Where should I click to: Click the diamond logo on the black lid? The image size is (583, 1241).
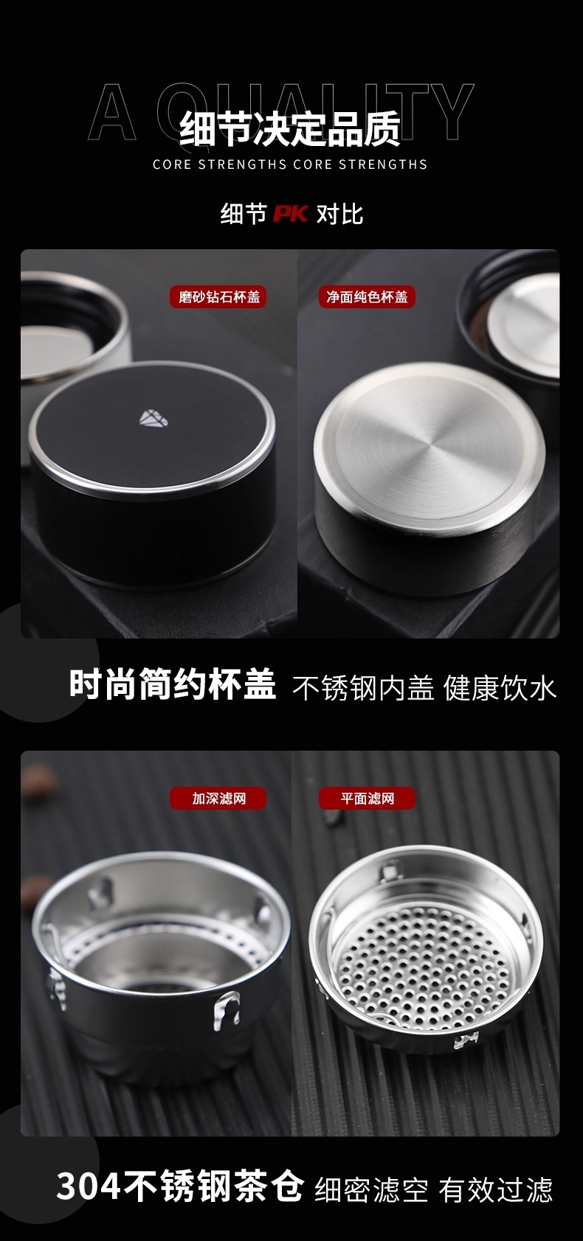pyautogui.click(x=153, y=418)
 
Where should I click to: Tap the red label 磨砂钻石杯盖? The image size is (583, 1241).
pyautogui.click(x=218, y=297)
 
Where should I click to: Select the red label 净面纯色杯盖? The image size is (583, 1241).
pyautogui.click(x=367, y=297)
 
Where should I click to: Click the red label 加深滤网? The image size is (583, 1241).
pyautogui.click(x=218, y=799)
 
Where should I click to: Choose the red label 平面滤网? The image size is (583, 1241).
pyautogui.click(x=367, y=799)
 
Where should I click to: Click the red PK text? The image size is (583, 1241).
pyautogui.click(x=291, y=214)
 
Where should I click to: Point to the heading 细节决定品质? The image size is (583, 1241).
pyautogui.click(x=290, y=129)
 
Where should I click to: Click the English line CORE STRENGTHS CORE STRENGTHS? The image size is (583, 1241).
pyautogui.click(x=290, y=164)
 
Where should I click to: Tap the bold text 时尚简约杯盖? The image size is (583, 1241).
pyautogui.click(x=173, y=684)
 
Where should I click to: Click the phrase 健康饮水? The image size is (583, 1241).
pyautogui.click(x=500, y=688)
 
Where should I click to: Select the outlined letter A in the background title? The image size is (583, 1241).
pyautogui.click(x=112, y=112)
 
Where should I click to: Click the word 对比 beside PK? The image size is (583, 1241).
pyautogui.click(x=339, y=214)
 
